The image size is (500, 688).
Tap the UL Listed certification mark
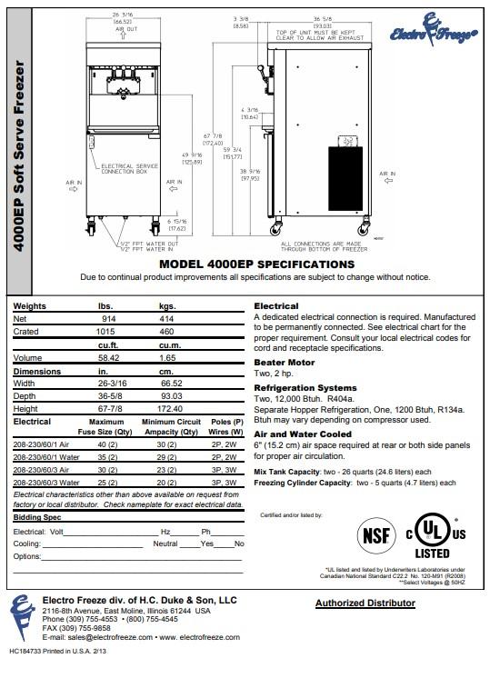tap(432, 536)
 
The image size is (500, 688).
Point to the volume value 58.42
tap(109, 358)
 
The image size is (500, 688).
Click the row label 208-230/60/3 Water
tap(45, 484)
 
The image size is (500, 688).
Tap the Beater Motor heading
tap(283, 362)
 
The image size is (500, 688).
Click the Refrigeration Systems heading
tap(305, 387)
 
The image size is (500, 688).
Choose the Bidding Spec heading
tap(37, 515)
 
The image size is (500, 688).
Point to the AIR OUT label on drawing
tap(126, 30)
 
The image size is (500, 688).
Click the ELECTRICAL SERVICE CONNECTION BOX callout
tap(129, 169)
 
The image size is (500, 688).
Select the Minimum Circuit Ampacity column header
tap(170, 426)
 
